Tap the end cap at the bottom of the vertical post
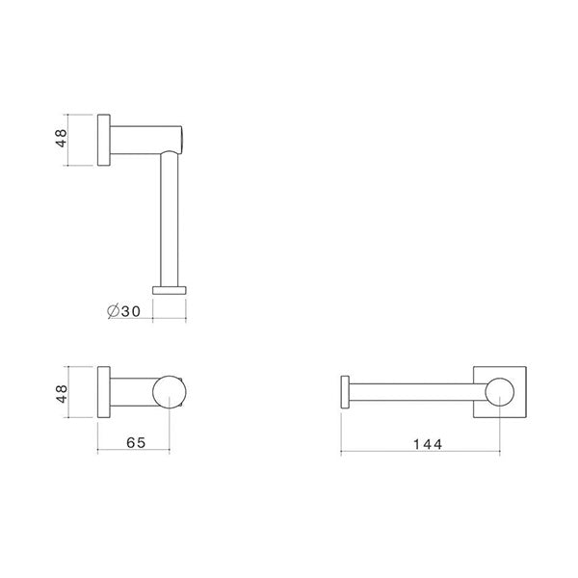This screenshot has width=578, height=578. (x=170, y=287)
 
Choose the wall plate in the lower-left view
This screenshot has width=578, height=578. (x=103, y=391)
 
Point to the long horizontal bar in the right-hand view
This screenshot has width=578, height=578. (x=414, y=391)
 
